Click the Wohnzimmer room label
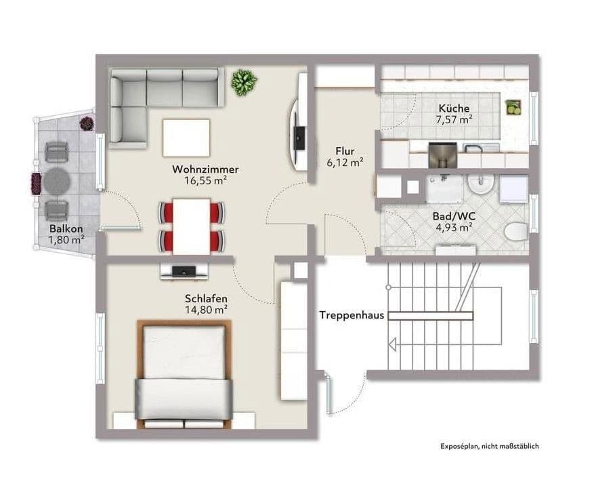(x=205, y=169)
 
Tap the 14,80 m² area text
(x=206, y=310)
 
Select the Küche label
(x=454, y=108)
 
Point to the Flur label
(x=345, y=151)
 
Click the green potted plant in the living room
(x=243, y=82)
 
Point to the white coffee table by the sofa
(x=186, y=137)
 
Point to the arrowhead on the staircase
(x=391, y=344)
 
